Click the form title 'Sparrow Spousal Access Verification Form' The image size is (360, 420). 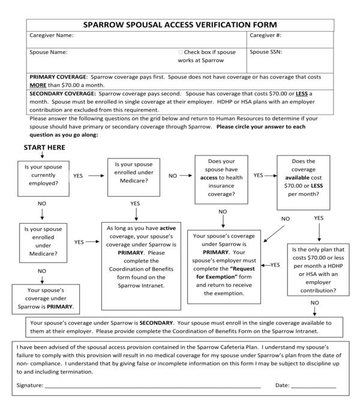coord(180,25)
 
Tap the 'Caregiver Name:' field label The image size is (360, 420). coord(52,36)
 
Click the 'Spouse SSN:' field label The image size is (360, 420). coord(266,52)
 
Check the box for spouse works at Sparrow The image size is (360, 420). coord(181,53)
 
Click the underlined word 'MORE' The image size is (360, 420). coord(38,86)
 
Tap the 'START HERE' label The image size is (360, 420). coord(44,148)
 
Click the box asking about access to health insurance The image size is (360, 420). coord(221,177)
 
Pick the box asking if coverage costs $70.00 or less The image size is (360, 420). coord(303,177)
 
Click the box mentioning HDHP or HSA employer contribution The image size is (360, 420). coord(318,269)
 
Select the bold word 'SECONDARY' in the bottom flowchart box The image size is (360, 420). coord(158,322)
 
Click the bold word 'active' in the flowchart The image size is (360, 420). coord(167,229)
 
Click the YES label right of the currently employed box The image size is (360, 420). coord(79,176)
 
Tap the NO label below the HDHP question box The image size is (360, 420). coord(314,303)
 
